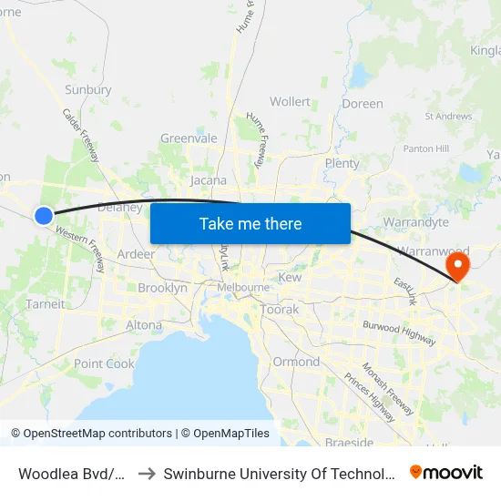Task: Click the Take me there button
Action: [250, 223]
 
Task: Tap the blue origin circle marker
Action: [43, 215]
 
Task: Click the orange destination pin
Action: [455, 266]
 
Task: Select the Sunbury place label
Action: [88, 90]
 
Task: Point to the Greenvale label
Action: [189, 138]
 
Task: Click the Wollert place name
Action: [290, 102]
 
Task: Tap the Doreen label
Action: [363, 104]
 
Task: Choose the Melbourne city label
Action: [243, 288]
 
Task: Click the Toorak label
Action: [279, 310]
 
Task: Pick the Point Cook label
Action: [104, 363]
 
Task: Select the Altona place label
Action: [144, 325]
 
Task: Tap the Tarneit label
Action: [46, 304]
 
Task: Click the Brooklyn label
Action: [162, 288]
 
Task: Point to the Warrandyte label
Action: [416, 222]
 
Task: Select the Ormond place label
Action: [296, 362]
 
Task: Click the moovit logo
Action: [446, 472]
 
